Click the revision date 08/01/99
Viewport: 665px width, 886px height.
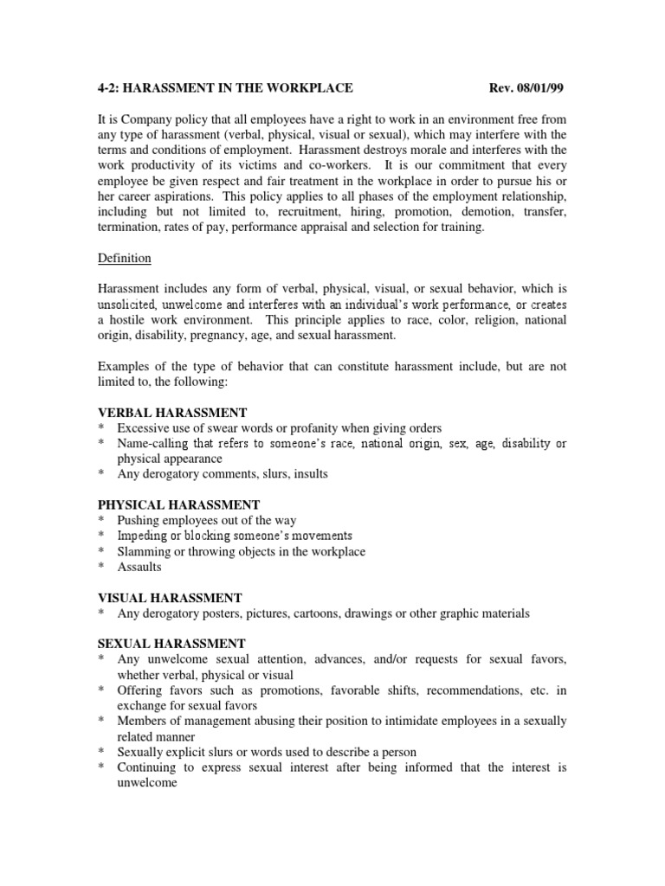point(540,89)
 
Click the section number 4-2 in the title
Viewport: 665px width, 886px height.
point(109,89)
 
